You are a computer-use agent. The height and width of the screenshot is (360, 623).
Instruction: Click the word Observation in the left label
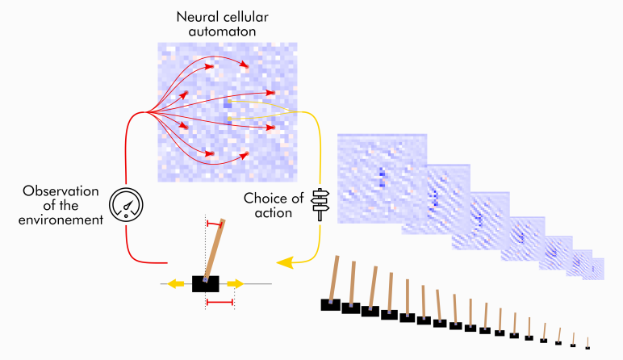pyautogui.click(x=60, y=191)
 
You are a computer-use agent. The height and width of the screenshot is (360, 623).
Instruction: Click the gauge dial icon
pyautogui.click(x=125, y=205)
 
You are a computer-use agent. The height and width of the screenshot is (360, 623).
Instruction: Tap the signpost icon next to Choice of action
pyautogui.click(x=320, y=203)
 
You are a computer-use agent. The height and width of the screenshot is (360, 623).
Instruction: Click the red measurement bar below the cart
pyautogui.click(x=220, y=302)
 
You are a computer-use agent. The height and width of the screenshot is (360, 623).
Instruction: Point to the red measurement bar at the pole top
pyautogui.click(x=215, y=222)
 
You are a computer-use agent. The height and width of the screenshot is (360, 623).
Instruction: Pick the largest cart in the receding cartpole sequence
pyautogui.click(x=330, y=304)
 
